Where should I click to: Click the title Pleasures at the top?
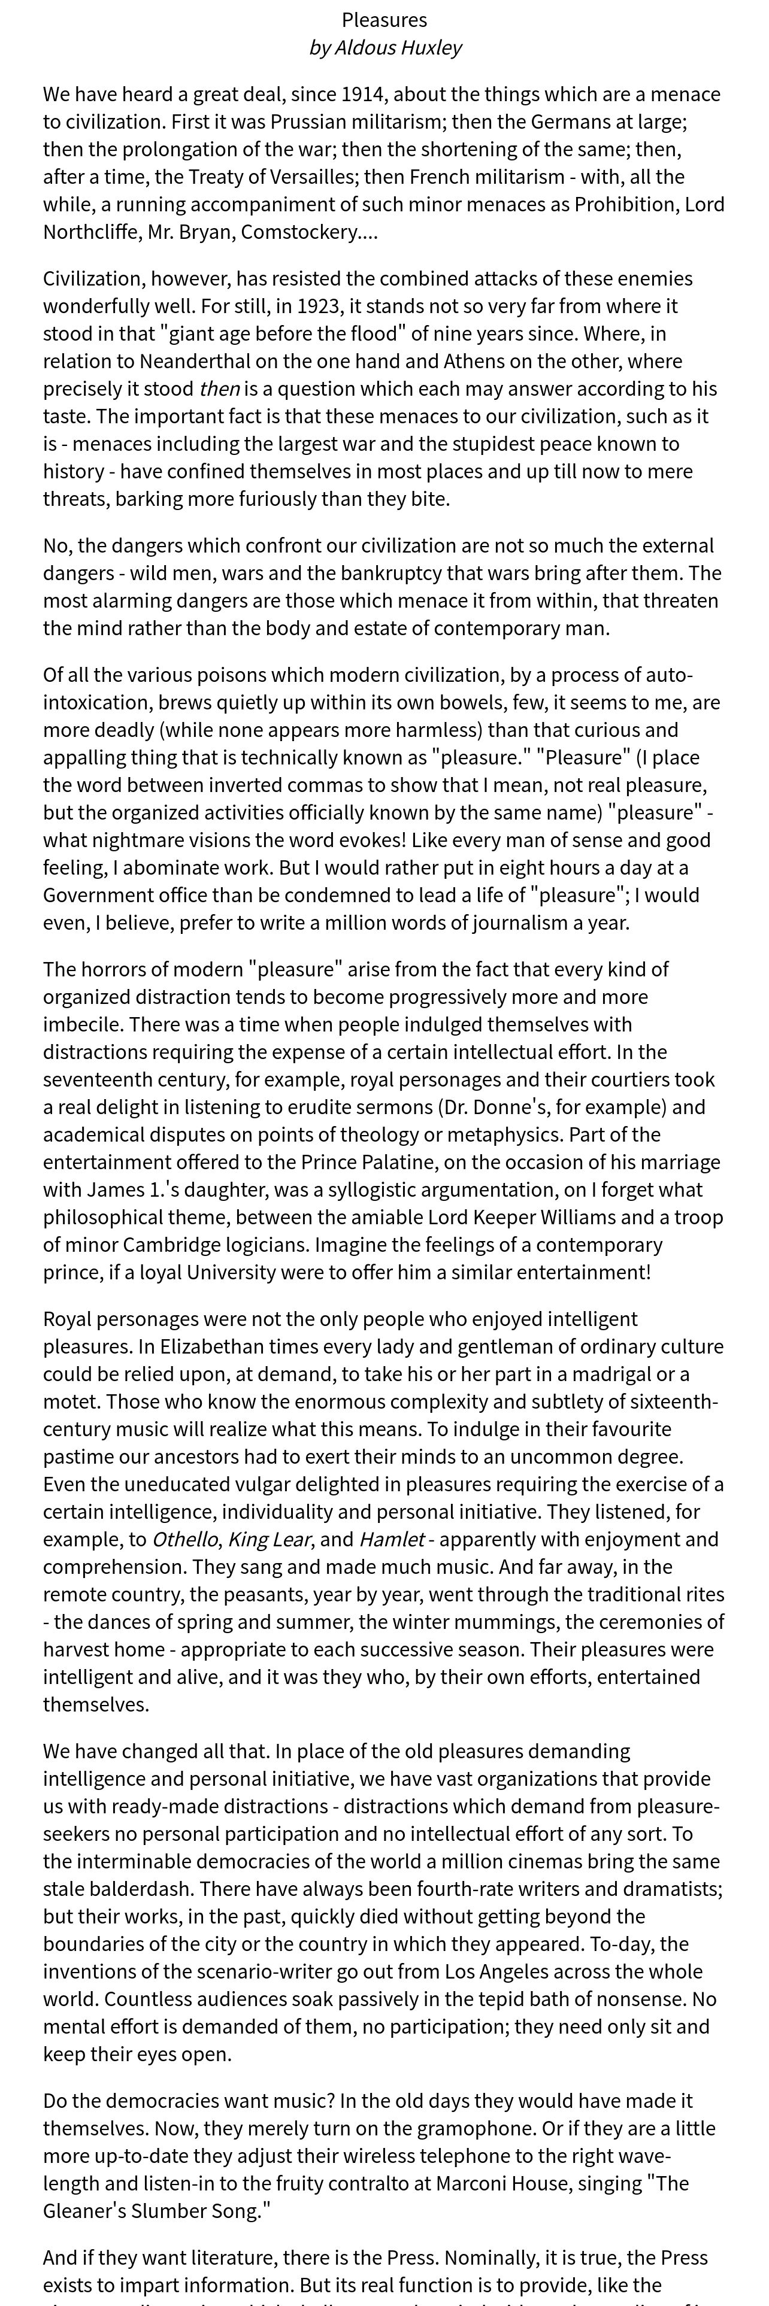tap(384, 20)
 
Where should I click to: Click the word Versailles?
tap(313, 177)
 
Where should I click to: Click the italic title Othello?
tap(185, 1540)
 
